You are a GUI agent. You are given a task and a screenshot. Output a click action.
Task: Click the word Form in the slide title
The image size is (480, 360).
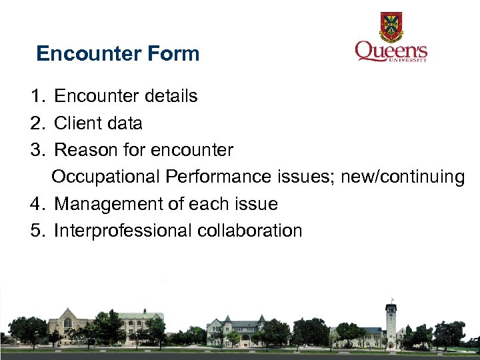pyautogui.click(x=176, y=53)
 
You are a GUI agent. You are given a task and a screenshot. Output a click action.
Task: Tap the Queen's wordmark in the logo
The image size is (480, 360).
pyautogui.click(x=391, y=51)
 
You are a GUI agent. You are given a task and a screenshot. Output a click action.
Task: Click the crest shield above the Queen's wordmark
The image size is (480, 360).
pyautogui.click(x=391, y=26)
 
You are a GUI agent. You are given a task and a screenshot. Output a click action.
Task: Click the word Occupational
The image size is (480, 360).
pyautogui.click(x=105, y=177)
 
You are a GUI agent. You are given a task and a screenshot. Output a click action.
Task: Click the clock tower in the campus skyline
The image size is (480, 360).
pyautogui.click(x=391, y=320)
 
